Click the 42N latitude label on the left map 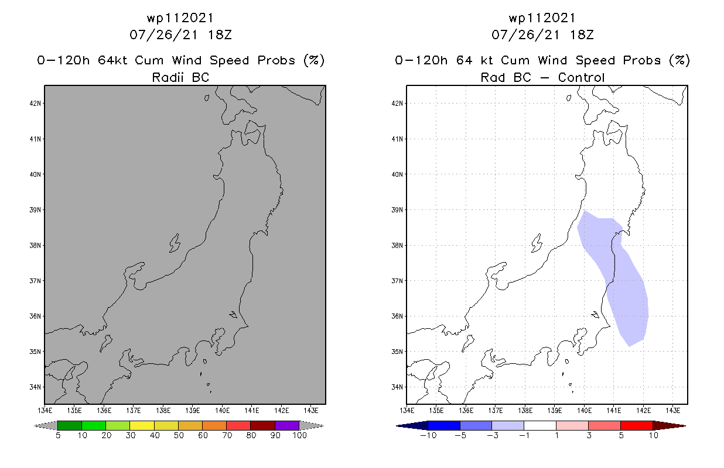36,104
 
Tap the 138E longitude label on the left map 163,409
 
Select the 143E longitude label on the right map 673,409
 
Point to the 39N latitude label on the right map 398,210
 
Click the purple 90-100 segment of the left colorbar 287,425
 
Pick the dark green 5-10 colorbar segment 70,425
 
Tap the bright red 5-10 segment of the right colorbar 636,425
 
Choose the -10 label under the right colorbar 428,435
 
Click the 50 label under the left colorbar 178,435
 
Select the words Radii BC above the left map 180,77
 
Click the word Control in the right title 581,77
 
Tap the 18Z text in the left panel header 220,35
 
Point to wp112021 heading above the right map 542,18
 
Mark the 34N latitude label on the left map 36,387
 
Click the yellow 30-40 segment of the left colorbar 142,425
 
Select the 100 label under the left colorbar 299,435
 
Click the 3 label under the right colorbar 588,435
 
